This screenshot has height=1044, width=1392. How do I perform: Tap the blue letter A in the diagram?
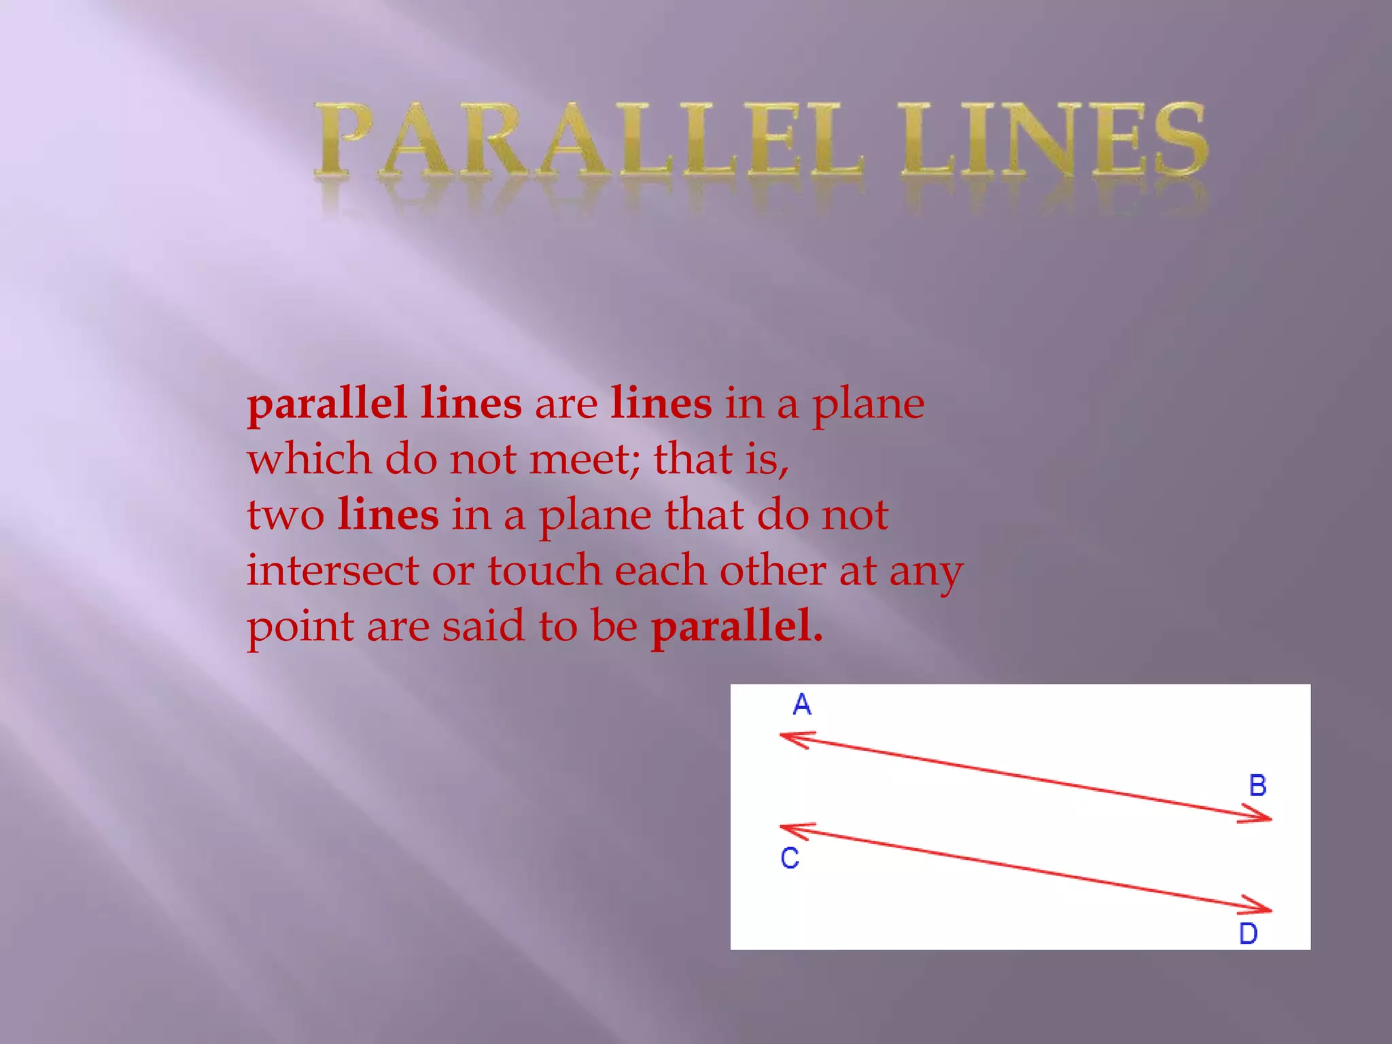point(802,705)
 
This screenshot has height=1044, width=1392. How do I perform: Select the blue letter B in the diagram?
point(1257,786)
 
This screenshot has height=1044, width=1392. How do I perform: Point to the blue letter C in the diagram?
point(790,858)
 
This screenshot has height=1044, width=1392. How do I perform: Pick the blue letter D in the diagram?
point(1248,934)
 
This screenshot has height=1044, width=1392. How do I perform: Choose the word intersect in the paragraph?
point(332,571)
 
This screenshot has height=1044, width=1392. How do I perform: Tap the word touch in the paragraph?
point(544,571)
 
